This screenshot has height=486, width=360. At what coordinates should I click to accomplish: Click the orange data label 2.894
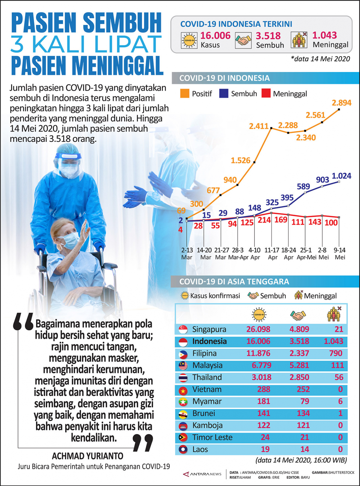pos(341,103)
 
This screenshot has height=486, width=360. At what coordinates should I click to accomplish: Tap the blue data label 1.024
pos(341,176)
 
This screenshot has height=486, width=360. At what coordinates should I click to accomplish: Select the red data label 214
pos(264,220)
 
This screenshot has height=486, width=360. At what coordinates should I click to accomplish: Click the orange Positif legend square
pos(185,94)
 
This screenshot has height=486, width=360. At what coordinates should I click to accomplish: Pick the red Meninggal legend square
pos(266,94)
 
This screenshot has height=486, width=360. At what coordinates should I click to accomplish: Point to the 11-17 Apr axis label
pos(272,253)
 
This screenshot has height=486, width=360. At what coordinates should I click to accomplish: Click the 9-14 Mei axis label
pos(340,253)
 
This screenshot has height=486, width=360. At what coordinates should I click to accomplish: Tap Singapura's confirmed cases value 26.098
pos(258,329)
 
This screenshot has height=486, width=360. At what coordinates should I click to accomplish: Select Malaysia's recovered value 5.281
pos(299,365)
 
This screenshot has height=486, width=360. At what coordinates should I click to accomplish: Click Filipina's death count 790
pos(336,353)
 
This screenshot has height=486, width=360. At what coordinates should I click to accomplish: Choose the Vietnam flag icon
pos(183,390)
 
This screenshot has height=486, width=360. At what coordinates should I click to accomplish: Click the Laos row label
pos(200,449)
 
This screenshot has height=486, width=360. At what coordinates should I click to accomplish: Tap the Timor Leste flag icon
pos(183,438)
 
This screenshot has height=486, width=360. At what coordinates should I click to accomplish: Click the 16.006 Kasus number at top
pos(215,35)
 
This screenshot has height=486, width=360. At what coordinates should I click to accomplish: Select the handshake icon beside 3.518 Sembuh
pos(243,41)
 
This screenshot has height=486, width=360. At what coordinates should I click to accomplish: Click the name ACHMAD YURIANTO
pos(87,456)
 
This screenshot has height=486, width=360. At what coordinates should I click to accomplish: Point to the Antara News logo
pos(202,474)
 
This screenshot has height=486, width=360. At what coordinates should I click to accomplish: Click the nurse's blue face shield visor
pos(68,156)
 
